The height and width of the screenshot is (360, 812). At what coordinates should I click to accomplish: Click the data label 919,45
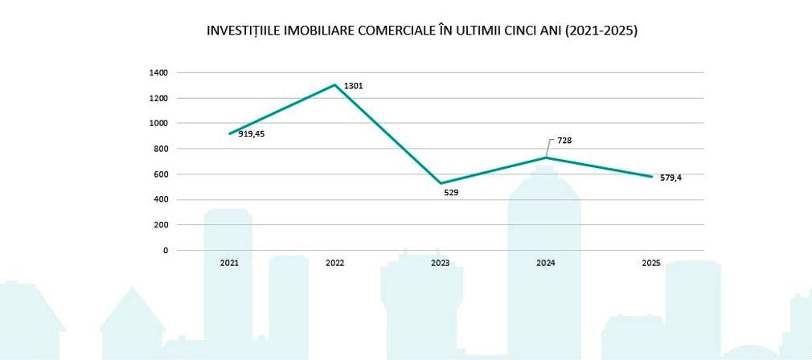point(252,134)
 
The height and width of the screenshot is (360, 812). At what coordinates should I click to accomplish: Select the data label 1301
point(353,85)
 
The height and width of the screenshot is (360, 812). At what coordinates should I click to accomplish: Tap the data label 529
point(451,193)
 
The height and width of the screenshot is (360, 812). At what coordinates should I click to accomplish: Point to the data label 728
point(564,141)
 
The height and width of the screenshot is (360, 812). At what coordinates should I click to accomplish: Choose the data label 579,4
point(671,178)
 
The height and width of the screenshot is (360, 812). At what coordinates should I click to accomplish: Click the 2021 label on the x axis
point(229,263)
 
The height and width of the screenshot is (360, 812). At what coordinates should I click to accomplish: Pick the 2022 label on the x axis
point(334,263)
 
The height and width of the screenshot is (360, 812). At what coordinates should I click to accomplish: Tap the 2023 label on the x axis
point(440,263)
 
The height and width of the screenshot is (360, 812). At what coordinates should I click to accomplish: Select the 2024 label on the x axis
point(546,263)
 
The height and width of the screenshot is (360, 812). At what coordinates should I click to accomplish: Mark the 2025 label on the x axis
point(651,263)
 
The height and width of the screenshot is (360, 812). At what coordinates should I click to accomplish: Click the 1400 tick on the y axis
point(158,73)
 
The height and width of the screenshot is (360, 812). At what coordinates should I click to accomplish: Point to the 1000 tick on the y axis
point(158,124)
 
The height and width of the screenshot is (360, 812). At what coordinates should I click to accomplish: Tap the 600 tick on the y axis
point(161,174)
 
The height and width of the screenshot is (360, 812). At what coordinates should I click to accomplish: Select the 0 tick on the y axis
point(166,250)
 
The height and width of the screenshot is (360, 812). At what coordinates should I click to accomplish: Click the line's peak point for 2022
point(334,84)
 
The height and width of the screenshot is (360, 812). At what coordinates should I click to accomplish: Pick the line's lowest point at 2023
point(441,183)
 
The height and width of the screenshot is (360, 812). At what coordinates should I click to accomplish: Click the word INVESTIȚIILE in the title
point(245,31)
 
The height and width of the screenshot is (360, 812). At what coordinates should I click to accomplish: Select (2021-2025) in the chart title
point(601,31)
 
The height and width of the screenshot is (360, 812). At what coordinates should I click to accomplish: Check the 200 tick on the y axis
point(161,225)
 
